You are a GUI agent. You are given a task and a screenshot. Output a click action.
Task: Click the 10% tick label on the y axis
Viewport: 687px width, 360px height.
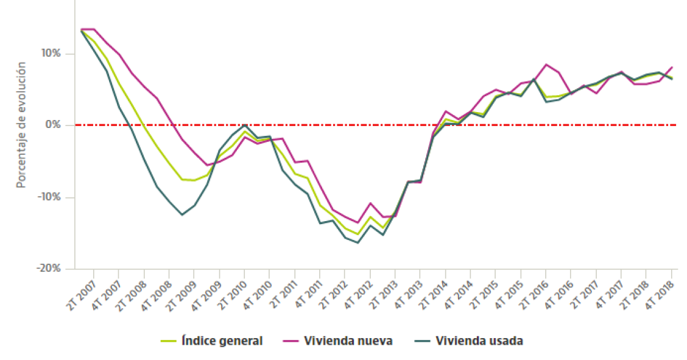click(x=51, y=54)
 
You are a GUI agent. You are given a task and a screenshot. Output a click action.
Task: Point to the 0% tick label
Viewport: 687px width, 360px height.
click(x=54, y=125)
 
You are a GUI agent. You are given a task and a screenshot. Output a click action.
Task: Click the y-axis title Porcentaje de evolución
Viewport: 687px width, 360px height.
click(x=21, y=124)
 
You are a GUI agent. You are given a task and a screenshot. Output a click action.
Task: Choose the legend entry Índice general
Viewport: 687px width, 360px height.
click(x=222, y=341)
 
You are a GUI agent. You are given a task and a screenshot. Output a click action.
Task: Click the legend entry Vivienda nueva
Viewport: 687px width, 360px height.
click(x=348, y=341)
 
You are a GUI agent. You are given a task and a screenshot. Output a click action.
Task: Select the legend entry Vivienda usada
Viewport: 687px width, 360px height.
click(x=479, y=341)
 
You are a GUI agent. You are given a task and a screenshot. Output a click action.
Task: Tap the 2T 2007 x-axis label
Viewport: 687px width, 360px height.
click(x=83, y=294)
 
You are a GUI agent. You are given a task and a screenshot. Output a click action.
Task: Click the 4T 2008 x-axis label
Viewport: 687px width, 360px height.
click(x=158, y=294)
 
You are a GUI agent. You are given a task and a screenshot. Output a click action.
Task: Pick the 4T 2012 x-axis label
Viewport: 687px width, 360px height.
click(x=359, y=294)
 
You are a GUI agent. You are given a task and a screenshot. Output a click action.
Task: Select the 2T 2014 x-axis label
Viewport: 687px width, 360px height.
click(x=434, y=294)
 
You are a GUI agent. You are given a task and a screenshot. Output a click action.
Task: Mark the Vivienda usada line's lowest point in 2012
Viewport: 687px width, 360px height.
click(x=358, y=243)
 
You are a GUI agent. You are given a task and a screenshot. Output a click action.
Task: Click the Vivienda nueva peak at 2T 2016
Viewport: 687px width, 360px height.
click(x=546, y=65)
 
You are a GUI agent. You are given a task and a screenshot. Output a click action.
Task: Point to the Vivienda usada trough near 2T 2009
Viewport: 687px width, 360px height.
click(x=181, y=214)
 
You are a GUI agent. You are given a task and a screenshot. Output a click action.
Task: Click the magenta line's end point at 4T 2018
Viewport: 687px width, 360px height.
click(x=672, y=67)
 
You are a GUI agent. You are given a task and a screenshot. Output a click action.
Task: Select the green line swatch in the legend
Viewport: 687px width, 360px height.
click(x=168, y=341)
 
